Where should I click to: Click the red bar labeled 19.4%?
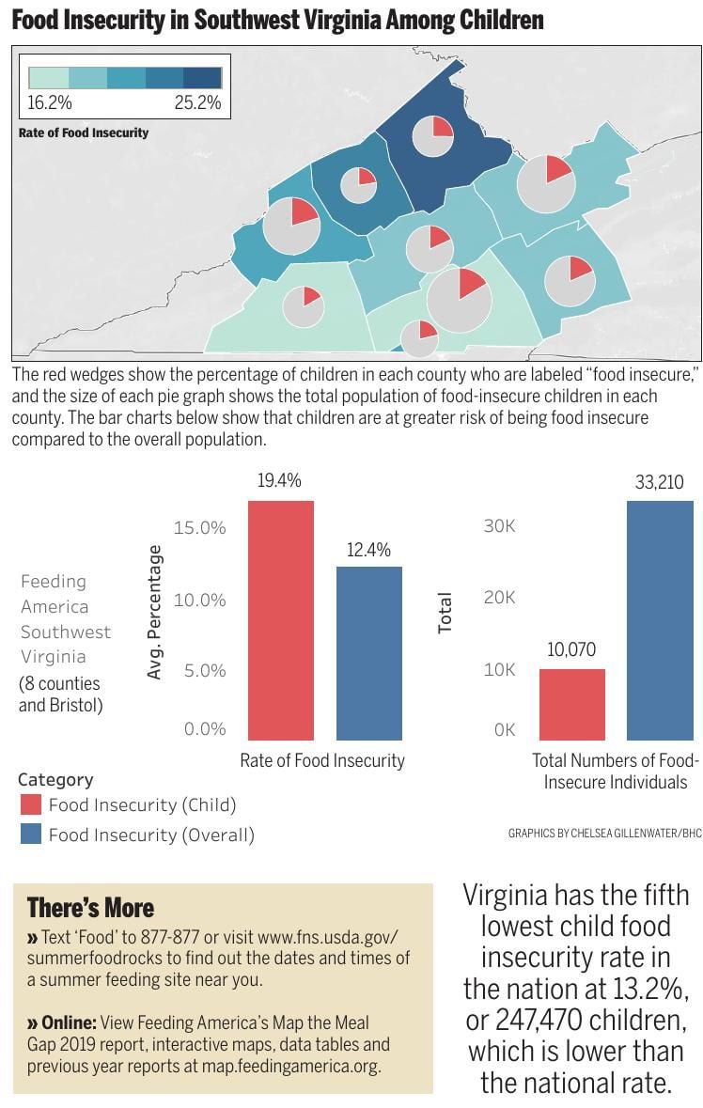281,620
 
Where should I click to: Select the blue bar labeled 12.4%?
369,653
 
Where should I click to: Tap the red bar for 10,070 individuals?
571,704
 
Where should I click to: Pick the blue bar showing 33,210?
660,620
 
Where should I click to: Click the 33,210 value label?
660,483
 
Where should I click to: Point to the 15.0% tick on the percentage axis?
199,528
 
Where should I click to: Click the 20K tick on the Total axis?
499,598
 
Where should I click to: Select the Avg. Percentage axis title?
155,613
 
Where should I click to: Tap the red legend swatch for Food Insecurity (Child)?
31,804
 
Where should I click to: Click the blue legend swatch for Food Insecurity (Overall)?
31,834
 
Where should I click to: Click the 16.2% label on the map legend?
49,103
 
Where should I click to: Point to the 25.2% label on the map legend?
197,103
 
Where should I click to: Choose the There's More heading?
90,908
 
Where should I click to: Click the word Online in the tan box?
69,1022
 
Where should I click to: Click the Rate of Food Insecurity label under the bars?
322,760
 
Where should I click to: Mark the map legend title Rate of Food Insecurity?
84,133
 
